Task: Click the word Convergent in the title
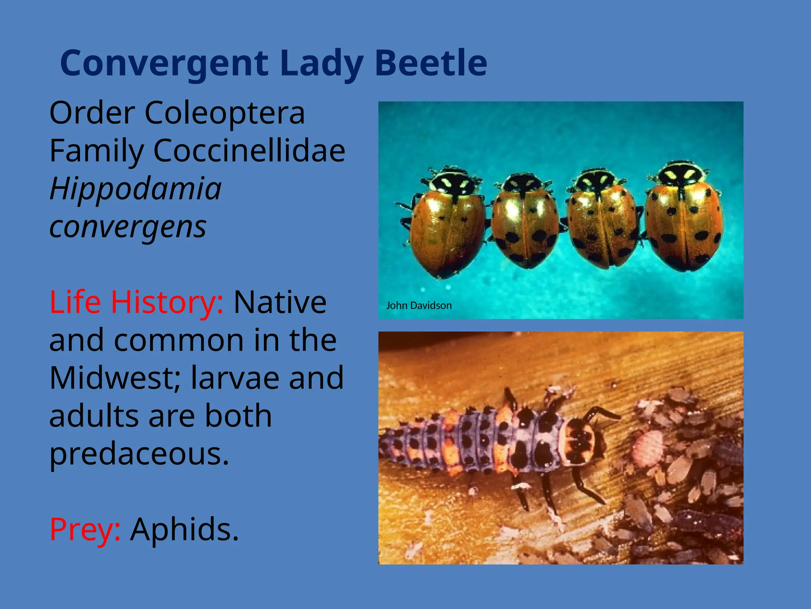point(164,63)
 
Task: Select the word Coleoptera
point(225,113)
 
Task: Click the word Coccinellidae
point(249,151)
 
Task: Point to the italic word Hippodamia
point(135,189)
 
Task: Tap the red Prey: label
point(85,529)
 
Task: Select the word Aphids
point(185,529)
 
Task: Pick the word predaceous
point(139,454)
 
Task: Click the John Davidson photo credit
point(419,306)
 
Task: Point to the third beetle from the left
point(602,220)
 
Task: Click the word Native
point(280,302)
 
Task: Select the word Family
point(96,151)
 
